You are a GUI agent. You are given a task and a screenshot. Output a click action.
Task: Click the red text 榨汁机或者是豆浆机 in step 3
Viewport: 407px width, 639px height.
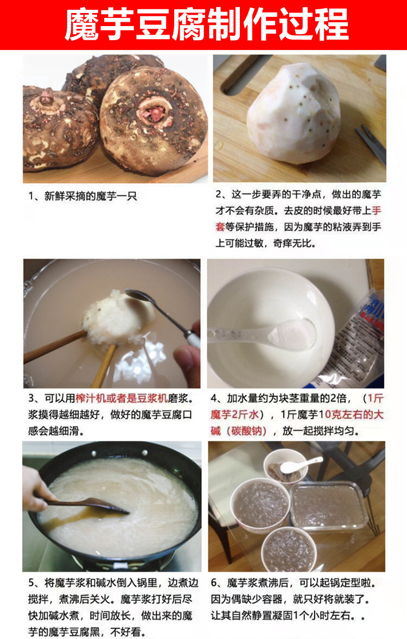click(122, 398)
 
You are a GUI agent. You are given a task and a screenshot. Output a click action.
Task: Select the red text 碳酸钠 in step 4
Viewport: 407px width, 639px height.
click(246, 431)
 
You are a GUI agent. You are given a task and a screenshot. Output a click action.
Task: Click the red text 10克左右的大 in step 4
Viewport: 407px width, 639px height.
click(351, 415)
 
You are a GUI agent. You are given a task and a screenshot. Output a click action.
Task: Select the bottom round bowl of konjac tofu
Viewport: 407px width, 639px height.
click(289, 549)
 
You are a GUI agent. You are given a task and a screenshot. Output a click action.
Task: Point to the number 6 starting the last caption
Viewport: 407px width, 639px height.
click(214, 583)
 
